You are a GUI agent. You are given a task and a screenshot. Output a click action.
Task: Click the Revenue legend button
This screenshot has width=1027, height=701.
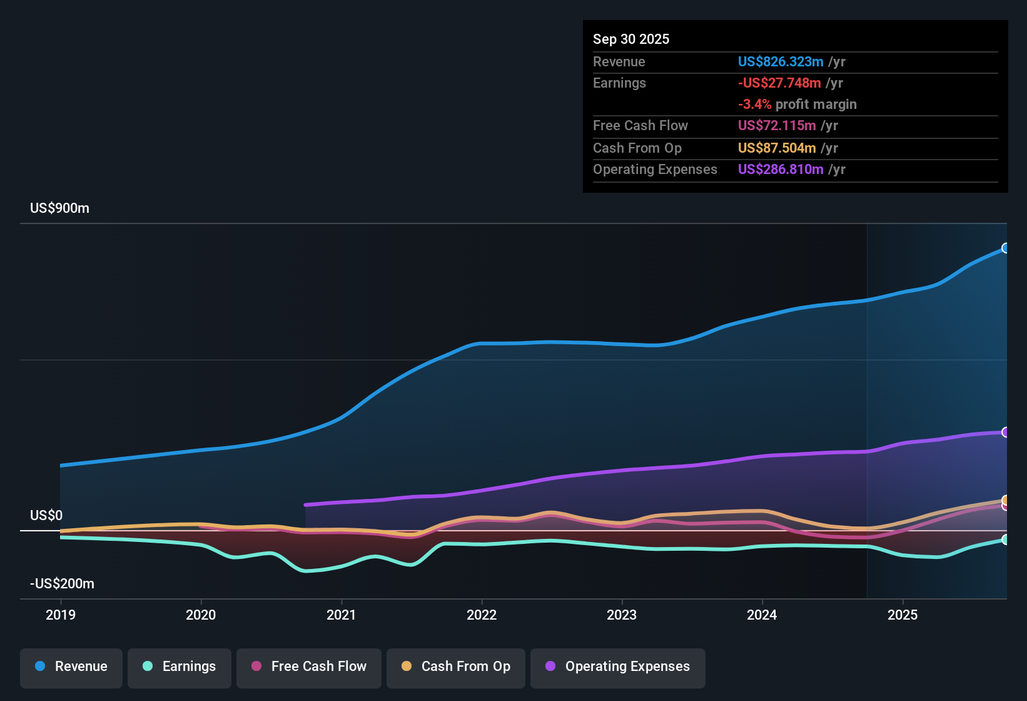(x=71, y=667)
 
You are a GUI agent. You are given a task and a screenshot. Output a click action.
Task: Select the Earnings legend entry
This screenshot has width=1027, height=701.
(x=180, y=667)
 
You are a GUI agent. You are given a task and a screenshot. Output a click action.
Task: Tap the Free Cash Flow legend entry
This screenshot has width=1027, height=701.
(x=309, y=667)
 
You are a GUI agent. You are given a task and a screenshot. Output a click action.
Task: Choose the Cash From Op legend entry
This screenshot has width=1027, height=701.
(x=456, y=667)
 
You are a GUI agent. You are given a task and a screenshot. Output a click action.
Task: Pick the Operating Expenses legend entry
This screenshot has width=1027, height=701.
(x=618, y=667)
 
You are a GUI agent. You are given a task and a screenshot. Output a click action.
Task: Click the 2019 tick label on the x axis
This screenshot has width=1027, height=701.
(x=61, y=615)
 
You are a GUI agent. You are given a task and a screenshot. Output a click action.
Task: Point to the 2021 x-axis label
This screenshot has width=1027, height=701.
(x=341, y=615)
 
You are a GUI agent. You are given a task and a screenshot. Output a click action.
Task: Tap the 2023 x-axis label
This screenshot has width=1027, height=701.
(x=622, y=615)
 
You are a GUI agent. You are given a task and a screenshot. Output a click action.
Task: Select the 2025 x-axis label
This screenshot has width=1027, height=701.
(x=903, y=615)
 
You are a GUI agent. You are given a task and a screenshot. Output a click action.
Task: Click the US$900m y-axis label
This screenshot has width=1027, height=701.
(x=59, y=208)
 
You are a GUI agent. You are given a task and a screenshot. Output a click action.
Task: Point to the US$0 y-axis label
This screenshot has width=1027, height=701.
(x=46, y=516)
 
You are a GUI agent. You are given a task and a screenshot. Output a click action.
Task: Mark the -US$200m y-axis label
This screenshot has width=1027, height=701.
(x=62, y=584)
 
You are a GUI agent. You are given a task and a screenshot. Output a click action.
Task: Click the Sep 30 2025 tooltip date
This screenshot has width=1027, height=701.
(x=631, y=39)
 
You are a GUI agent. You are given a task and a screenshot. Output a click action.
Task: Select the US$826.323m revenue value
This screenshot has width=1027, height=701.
(x=781, y=62)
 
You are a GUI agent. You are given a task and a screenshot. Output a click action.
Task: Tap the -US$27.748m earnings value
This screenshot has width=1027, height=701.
(x=779, y=83)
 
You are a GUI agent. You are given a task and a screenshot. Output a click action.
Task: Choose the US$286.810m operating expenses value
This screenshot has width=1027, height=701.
(x=781, y=170)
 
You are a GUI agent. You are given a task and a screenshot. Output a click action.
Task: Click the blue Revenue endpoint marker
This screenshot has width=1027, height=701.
(x=1005, y=248)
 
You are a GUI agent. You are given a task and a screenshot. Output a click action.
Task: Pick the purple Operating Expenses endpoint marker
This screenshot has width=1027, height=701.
(x=1005, y=432)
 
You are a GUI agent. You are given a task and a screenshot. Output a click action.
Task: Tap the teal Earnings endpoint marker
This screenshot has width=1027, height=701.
(x=1005, y=540)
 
